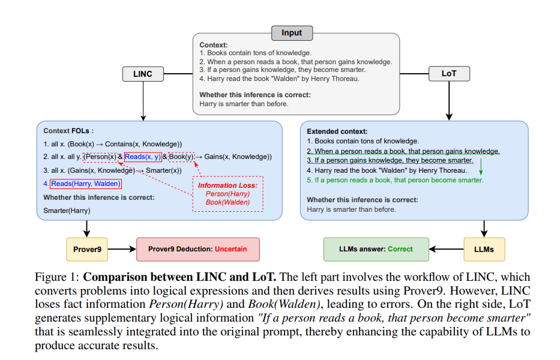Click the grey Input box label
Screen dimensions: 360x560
(292, 32)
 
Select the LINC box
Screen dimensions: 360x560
(143, 74)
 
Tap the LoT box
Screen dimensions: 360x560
(449, 74)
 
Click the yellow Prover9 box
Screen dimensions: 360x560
(87, 248)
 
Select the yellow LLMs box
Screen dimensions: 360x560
(484, 248)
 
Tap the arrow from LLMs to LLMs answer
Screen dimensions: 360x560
(447, 248)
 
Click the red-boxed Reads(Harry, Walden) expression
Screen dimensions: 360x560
(86, 184)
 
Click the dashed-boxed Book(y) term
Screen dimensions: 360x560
(182, 157)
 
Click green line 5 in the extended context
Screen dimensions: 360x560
(395, 180)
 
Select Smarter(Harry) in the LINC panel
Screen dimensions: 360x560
(66, 211)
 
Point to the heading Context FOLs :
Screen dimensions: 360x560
(69, 131)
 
